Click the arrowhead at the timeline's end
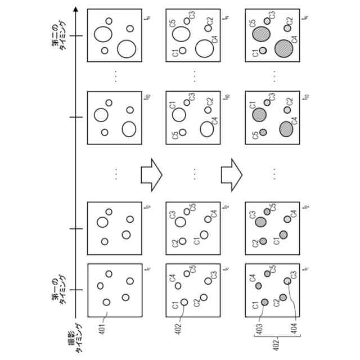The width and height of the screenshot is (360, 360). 76,8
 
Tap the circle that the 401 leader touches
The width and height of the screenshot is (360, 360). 106,302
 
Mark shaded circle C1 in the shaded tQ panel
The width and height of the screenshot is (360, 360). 259,115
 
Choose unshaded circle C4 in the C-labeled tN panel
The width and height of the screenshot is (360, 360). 205,49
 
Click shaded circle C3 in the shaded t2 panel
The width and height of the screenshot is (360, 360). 261,222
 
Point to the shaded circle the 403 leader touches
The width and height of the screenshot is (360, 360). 264,302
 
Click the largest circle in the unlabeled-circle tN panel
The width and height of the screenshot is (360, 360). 126,49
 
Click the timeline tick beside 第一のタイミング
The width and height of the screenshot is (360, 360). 76,289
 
